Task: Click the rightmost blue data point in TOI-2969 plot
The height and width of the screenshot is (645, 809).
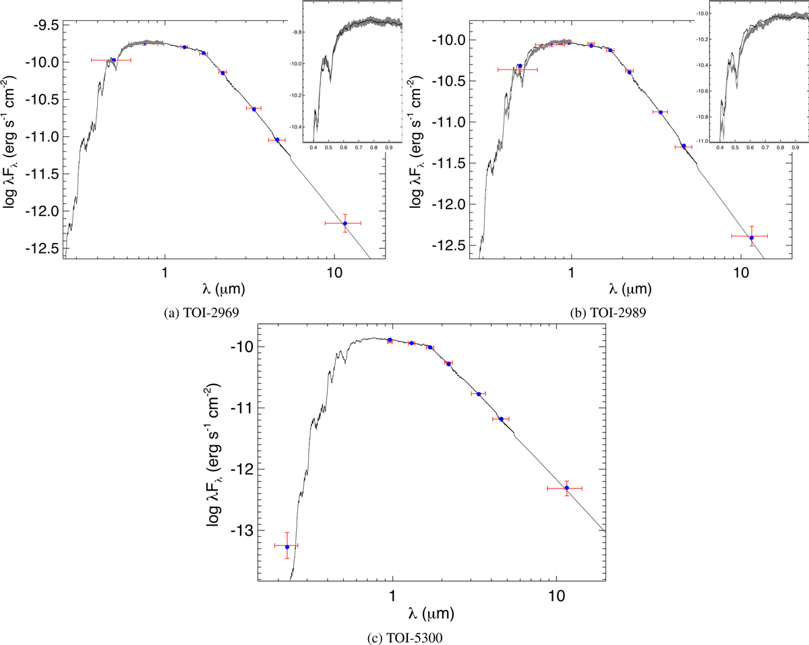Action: click(344, 223)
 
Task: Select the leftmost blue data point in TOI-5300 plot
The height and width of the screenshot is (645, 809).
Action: click(287, 546)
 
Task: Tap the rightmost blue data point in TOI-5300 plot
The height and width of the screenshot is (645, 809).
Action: click(566, 488)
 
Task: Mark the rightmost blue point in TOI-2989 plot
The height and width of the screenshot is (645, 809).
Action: click(751, 237)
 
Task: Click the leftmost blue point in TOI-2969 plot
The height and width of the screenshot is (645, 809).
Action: click(113, 60)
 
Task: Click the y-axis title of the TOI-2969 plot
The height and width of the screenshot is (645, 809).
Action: click(12, 140)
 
